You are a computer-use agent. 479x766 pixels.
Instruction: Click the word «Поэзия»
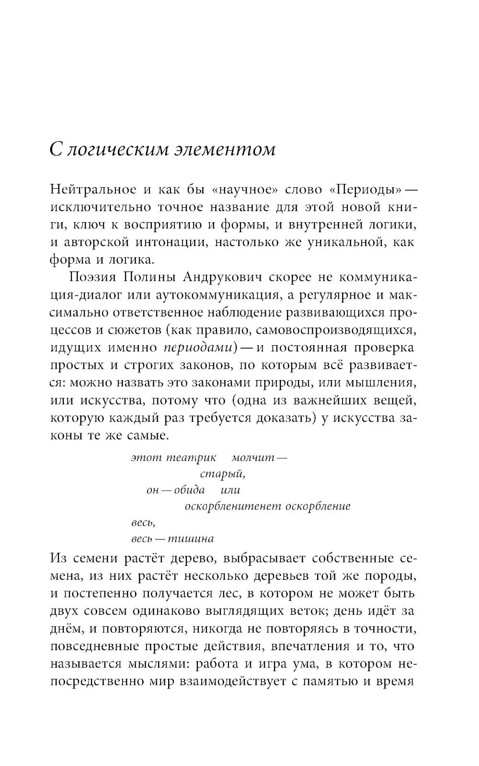(x=90, y=278)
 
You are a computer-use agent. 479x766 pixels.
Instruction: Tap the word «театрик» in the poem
(x=192, y=458)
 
